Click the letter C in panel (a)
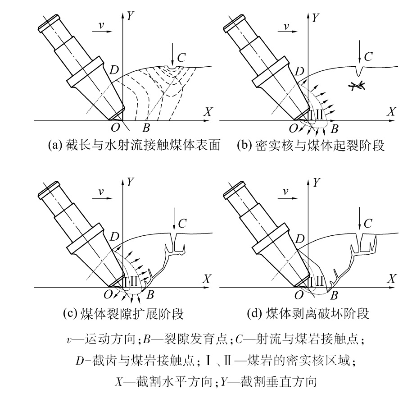pos(181,58)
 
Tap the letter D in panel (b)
pos(299,71)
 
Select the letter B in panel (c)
pos(150,295)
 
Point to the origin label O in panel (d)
pos(299,295)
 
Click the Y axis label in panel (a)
pos(130,16)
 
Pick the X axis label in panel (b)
pos(391,111)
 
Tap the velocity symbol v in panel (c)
pos(101,192)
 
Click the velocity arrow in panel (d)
pos(288,199)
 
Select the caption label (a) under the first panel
pos(54,145)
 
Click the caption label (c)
pos(70,313)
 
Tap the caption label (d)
pos(254,313)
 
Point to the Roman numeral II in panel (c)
pos(134,281)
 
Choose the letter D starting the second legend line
pos(80,361)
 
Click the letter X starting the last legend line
pos(119,382)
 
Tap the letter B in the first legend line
pos(147,339)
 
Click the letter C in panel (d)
pos(368,224)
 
